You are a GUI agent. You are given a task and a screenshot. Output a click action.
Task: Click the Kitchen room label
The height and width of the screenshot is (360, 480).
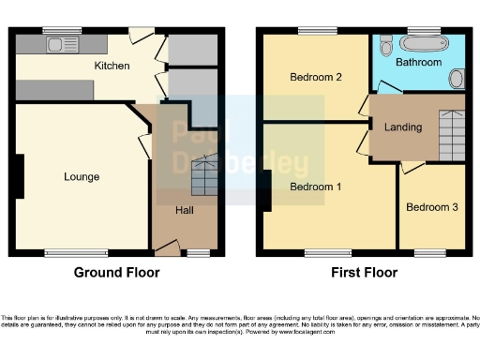111,67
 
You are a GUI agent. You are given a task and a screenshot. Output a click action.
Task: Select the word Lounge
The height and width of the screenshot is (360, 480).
81,176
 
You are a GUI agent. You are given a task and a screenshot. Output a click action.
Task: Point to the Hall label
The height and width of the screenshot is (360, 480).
184,210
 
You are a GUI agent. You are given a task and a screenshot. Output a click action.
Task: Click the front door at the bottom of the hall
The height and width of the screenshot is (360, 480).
168,247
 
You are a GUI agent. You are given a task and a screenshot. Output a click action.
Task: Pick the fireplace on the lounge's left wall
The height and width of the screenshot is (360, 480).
18,175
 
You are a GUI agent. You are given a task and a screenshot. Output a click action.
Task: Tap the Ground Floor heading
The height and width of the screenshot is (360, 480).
116,273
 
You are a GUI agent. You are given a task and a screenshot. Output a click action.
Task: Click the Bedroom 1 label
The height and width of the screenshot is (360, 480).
315,187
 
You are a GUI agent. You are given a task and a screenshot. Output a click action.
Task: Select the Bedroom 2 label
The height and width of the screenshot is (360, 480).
315,77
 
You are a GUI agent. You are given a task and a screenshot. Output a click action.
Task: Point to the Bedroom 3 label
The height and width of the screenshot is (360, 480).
431,207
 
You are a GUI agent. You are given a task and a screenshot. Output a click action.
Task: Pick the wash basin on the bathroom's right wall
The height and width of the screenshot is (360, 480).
457,78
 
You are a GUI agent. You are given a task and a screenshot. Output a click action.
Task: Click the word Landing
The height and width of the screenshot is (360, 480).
403,127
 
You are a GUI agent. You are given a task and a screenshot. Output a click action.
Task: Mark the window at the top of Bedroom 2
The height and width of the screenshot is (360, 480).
313,32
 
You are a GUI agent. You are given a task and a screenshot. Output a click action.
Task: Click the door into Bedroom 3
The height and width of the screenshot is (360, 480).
412,167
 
